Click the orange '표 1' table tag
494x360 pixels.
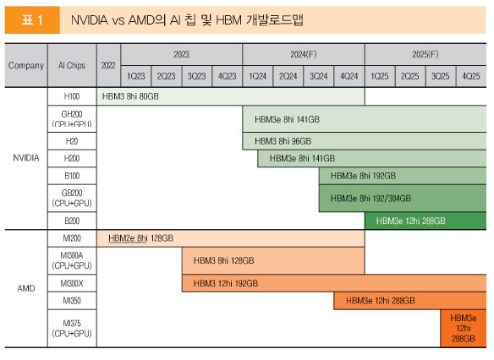[x=32, y=19]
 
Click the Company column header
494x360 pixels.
[x=26, y=65]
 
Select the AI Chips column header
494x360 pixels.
[x=72, y=65]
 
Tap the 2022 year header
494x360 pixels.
[x=108, y=65]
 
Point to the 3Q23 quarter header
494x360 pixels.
[x=196, y=76]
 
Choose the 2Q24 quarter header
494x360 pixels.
[x=288, y=76]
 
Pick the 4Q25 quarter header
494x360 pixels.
[x=471, y=76]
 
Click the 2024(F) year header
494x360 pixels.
[x=304, y=54]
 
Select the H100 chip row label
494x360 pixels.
[x=72, y=96]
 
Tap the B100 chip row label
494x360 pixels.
[x=72, y=176]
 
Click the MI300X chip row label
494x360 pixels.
[x=72, y=284]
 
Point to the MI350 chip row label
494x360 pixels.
[x=72, y=301]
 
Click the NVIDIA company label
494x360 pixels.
[x=26, y=158]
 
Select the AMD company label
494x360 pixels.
[x=26, y=288]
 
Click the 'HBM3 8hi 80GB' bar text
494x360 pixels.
[x=130, y=96]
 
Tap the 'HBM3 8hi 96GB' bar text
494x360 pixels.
[x=283, y=141]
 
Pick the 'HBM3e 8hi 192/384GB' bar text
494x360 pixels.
[x=370, y=199]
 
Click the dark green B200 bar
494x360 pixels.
[x=425, y=221]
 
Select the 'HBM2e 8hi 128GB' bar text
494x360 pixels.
[x=140, y=238]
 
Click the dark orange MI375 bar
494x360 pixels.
[x=464, y=328]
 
